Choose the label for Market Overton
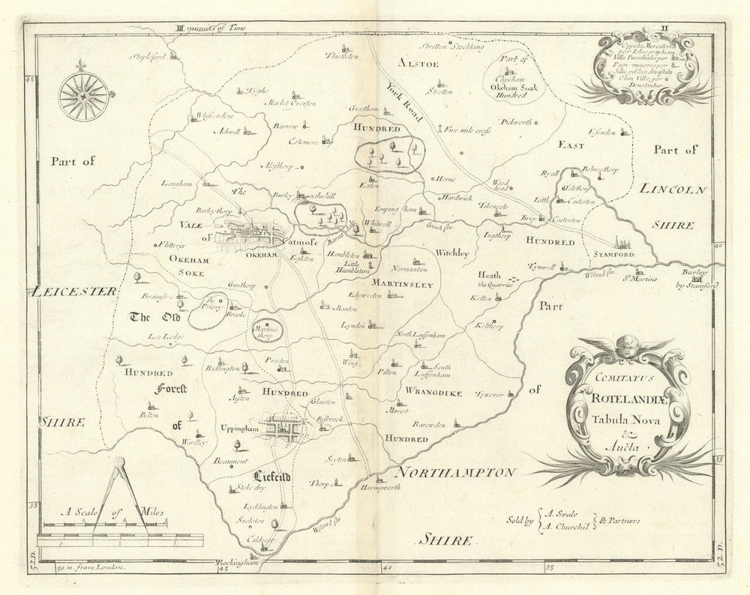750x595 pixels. tap(289, 104)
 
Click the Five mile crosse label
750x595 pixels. tap(481, 129)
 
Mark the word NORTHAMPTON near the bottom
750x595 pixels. tap(457, 473)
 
